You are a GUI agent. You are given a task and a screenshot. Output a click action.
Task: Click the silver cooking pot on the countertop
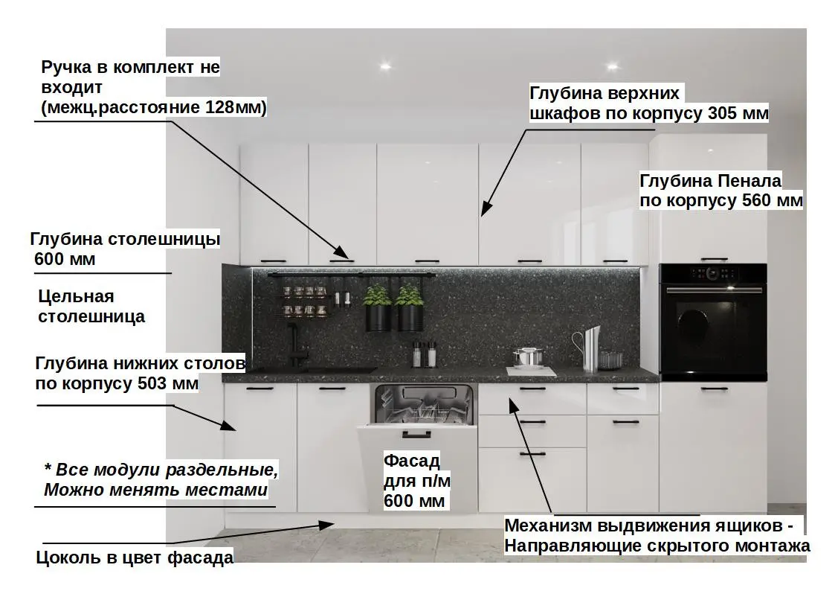pyautogui.click(x=526, y=357)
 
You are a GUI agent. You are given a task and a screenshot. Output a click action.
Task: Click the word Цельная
pyautogui.click(x=76, y=296)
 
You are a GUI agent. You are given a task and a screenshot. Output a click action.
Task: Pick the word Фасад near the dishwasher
pyautogui.click(x=411, y=460)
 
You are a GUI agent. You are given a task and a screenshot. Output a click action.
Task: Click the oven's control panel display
pyautogui.click(x=712, y=273)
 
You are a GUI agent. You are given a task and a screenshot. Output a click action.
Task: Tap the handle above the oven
pyautogui.click(x=713, y=258)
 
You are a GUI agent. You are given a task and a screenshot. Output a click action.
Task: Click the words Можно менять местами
pyautogui.click(x=155, y=491)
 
